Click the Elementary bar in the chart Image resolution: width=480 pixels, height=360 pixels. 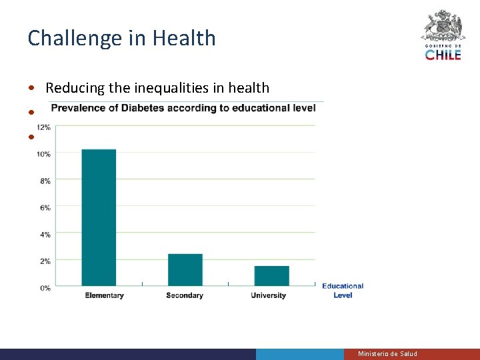[99, 217]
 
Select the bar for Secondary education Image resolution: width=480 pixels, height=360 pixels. [185, 270]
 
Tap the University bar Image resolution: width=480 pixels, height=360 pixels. [271, 276]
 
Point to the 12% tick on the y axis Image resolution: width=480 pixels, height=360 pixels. [43, 127]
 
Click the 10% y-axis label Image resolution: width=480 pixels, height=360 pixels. [43, 154]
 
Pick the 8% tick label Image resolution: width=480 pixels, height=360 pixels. [45, 181]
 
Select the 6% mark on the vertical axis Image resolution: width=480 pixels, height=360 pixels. [45, 208]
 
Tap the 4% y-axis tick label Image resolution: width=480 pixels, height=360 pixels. [45, 235]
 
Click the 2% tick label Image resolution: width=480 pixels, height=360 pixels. [45, 261]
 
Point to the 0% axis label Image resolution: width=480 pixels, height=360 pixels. [45, 288]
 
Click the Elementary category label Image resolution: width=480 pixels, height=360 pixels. [105, 295]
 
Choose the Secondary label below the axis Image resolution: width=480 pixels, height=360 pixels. [185, 295]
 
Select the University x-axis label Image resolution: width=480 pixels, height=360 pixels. [269, 295]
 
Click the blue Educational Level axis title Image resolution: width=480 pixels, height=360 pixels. [343, 291]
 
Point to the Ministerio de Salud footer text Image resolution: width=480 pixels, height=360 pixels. [387, 354]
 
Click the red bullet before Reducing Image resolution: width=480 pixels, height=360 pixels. [32, 89]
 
